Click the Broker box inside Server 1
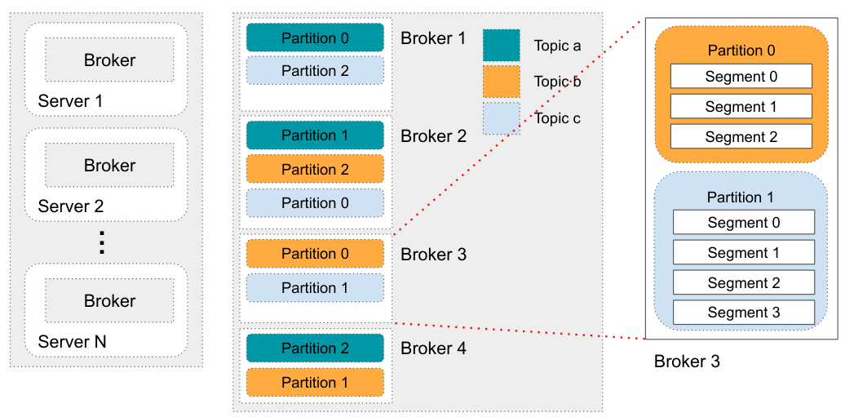point(109,60)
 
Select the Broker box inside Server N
point(109,301)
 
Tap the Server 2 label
point(71,206)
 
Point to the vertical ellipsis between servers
point(102,242)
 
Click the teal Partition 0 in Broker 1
point(315,38)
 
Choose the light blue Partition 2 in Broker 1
point(315,71)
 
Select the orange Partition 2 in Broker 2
point(315,169)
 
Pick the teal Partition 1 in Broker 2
point(315,135)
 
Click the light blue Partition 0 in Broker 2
point(315,202)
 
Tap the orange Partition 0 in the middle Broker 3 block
point(315,254)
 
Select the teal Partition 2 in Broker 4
point(315,348)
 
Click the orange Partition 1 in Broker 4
point(315,382)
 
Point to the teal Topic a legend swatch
point(501,46)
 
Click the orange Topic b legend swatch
point(501,82)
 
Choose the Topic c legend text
point(557,118)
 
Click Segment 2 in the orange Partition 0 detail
point(741,136)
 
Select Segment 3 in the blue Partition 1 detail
point(744,313)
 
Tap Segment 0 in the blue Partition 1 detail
point(744,223)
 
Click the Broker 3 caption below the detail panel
point(687,361)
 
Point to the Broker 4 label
point(433,349)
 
